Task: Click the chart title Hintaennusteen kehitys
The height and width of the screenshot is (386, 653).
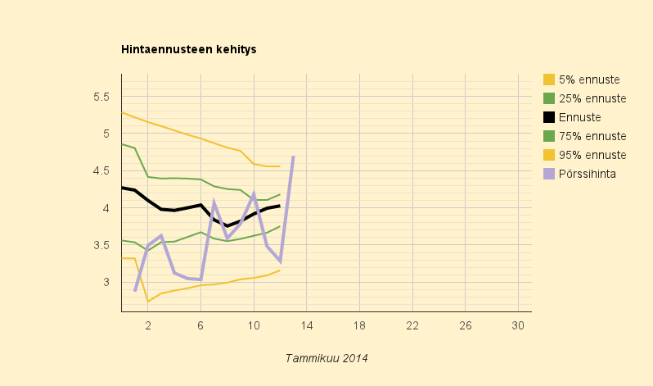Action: click(189, 50)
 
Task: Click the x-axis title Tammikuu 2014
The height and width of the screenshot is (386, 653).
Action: click(326, 358)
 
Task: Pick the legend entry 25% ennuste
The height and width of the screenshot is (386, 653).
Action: click(585, 98)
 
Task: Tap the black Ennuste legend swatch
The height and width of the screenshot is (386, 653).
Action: click(549, 117)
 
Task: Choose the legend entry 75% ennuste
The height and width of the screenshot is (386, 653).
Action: click(585, 136)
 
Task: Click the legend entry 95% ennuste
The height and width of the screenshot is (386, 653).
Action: click(585, 155)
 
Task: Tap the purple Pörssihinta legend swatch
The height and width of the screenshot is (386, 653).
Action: click(549, 174)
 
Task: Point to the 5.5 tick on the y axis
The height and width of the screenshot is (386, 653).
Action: click(101, 97)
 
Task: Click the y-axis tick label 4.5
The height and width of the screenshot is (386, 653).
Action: click(101, 170)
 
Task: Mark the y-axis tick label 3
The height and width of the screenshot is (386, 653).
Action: click(106, 282)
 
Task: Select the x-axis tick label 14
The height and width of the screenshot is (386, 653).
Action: click(307, 325)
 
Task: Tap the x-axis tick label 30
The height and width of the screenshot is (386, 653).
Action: click(518, 325)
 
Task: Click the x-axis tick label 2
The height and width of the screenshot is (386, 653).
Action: click(148, 325)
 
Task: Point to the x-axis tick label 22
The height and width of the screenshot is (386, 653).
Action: click(412, 325)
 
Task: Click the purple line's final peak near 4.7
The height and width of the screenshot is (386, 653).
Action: click(293, 157)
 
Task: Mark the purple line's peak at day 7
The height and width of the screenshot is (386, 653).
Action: click(214, 201)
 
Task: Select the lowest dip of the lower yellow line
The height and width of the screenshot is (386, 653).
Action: click(148, 302)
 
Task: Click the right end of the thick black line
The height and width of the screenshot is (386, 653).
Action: click(279, 206)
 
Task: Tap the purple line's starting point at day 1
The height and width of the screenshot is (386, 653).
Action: click(135, 290)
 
